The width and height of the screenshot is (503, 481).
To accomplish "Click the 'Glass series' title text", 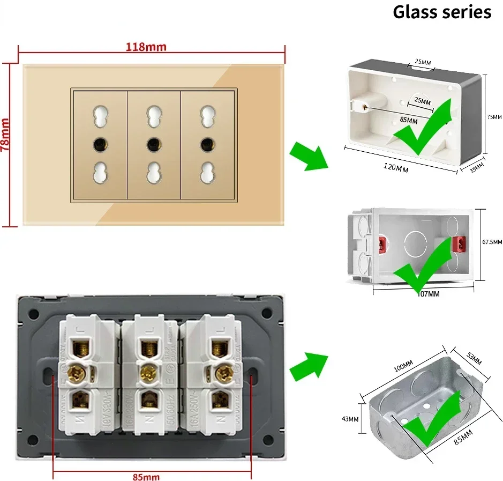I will [x=442, y=12].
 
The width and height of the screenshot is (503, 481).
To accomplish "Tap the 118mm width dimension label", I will [x=146, y=47].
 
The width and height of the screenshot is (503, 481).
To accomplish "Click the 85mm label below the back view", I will [x=146, y=476].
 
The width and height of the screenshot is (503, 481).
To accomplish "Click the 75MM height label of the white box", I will [x=494, y=117].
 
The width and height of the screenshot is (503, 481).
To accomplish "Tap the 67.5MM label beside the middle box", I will [x=492, y=242].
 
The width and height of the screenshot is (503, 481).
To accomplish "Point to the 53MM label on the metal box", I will [x=474, y=360].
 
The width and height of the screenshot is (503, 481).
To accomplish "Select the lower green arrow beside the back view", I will [x=309, y=367].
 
